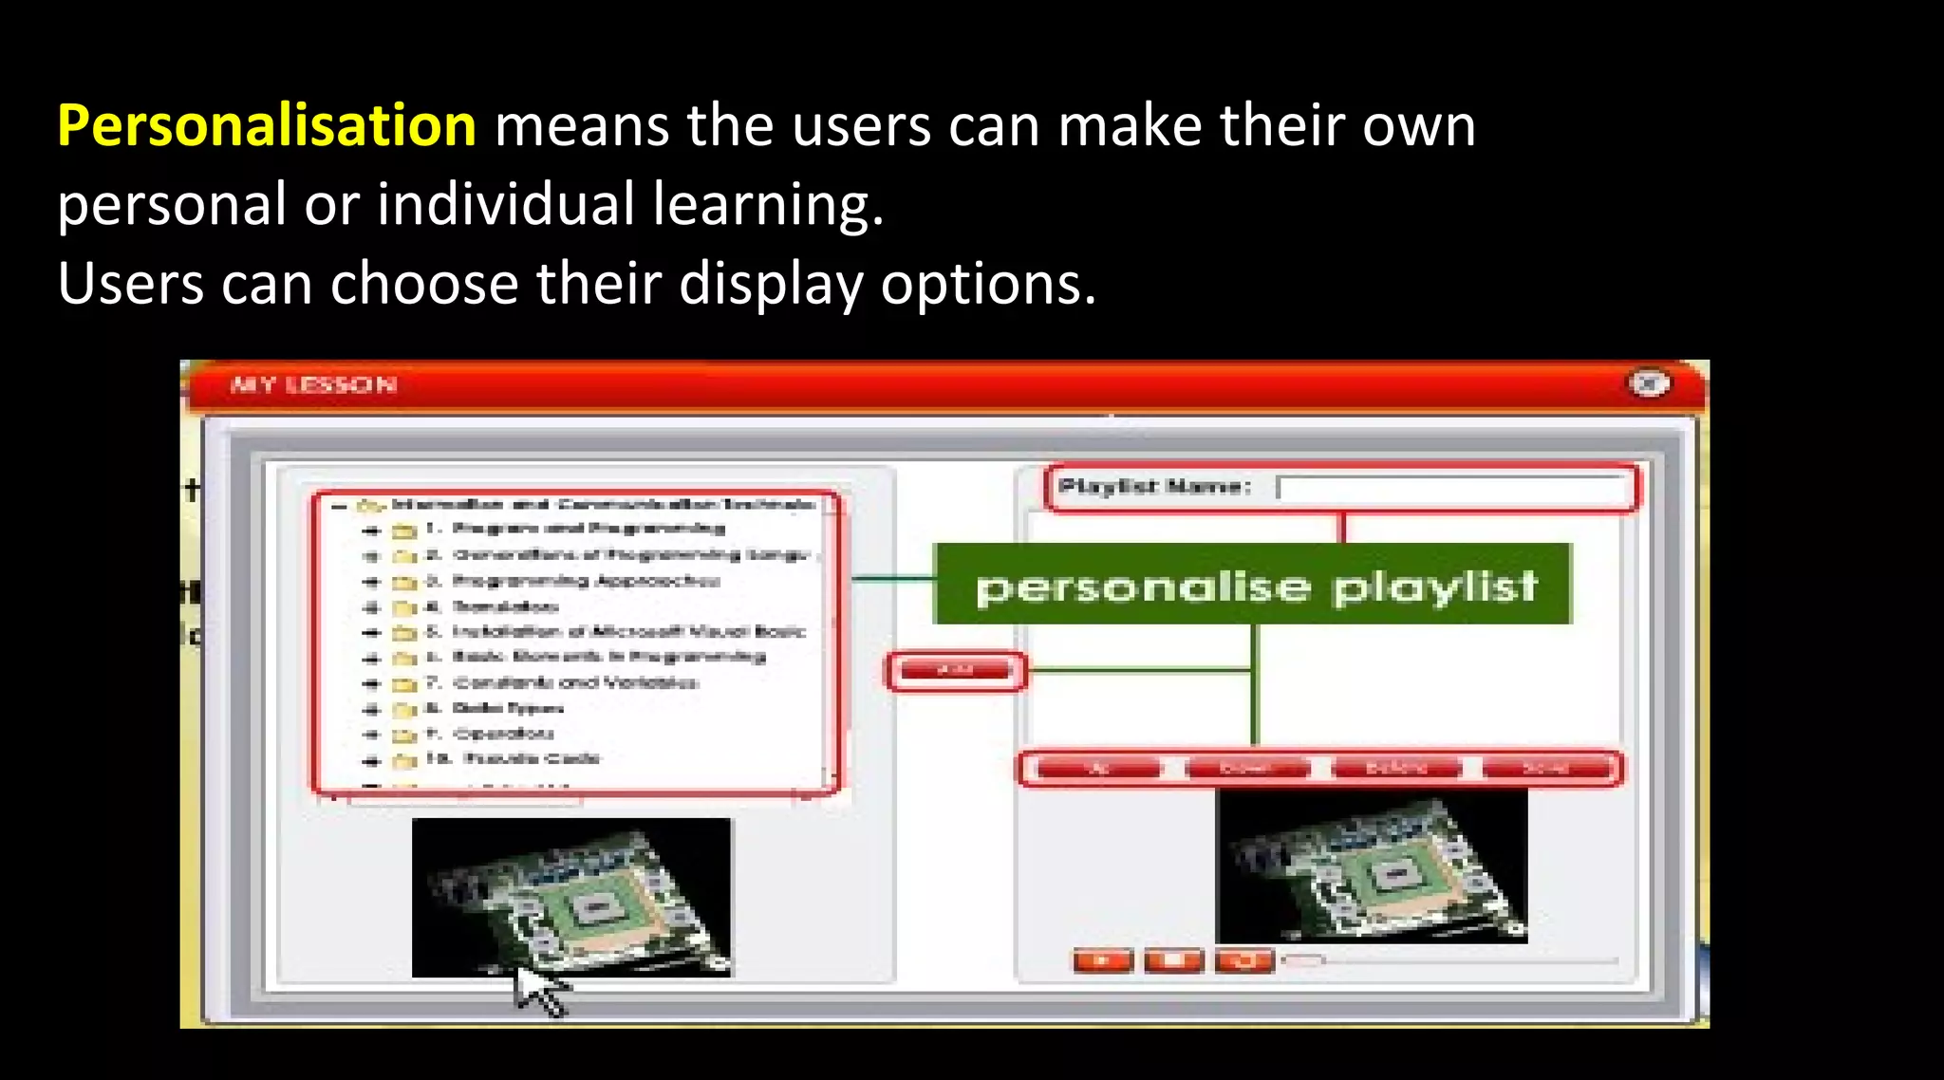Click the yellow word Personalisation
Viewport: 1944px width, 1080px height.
267,126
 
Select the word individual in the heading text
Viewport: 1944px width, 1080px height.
505,204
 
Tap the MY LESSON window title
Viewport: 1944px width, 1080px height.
313,384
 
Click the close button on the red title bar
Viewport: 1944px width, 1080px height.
1649,383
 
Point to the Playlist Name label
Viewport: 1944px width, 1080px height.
1154,487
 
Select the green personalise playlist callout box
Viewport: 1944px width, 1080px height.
1253,585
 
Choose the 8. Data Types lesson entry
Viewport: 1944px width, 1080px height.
508,708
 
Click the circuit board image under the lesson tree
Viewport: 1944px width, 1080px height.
571,897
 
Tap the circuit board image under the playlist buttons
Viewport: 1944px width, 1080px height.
1372,866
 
